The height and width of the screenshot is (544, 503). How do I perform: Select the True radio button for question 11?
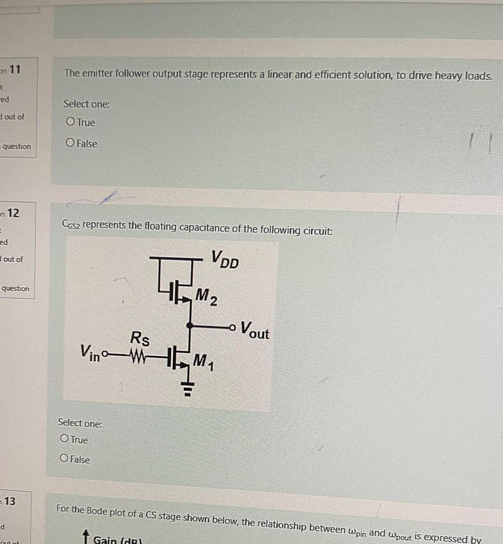pos(71,123)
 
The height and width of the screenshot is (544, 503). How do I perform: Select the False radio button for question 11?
pos(71,143)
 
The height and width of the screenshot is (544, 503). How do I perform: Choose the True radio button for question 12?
pos(64,439)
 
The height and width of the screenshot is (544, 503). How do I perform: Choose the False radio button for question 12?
pos(64,459)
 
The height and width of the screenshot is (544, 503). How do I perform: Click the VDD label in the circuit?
pos(225,259)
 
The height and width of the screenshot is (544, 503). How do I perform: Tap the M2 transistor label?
pos(206,298)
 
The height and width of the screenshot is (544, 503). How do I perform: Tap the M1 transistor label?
pos(205,362)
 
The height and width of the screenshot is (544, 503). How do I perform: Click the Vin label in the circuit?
pos(91,354)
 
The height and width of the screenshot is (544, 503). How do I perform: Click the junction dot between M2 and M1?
pos(190,325)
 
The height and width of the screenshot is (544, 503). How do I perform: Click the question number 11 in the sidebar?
pos(14,68)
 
